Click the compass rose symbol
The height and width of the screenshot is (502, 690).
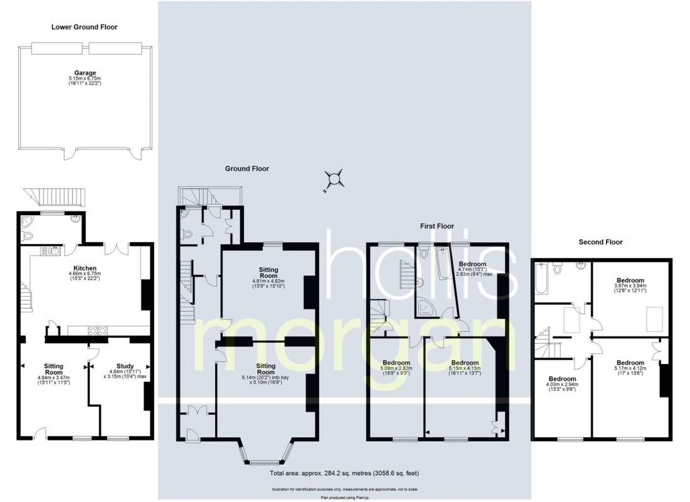[334, 179]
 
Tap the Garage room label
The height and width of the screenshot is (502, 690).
[85, 72]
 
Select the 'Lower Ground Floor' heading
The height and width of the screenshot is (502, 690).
[85, 27]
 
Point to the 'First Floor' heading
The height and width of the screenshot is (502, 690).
[437, 226]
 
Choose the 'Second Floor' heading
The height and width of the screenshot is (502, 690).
[601, 242]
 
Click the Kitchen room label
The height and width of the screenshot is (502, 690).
[85, 267]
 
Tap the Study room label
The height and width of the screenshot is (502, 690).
[125, 366]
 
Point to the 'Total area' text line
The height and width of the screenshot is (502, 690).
[344, 473]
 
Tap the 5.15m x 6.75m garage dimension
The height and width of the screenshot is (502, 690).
[85, 78]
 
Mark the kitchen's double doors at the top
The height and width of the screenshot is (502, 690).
[119, 248]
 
